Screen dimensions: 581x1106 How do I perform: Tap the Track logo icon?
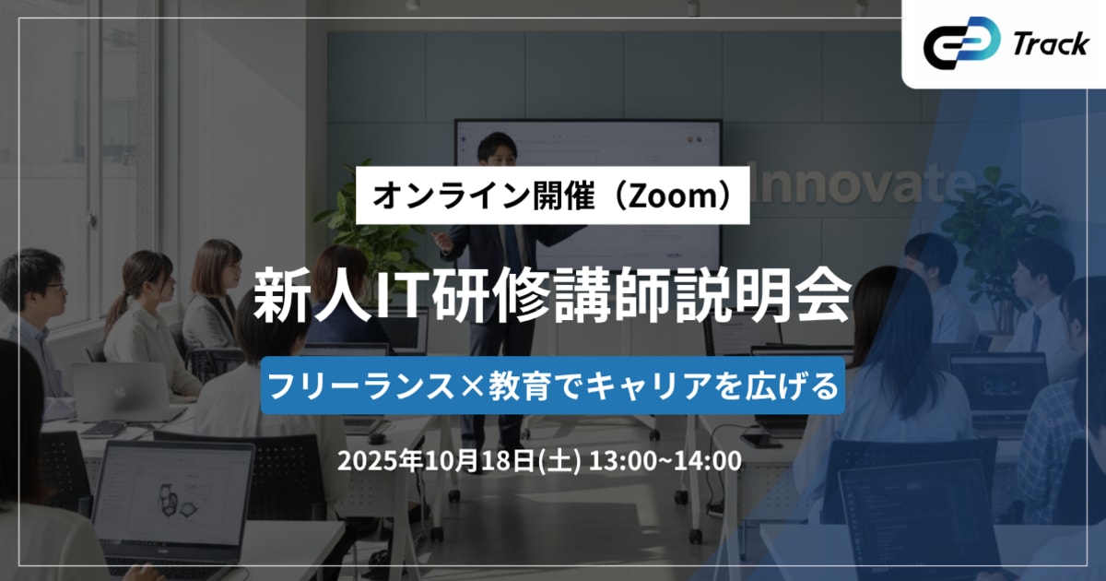coord(960,43)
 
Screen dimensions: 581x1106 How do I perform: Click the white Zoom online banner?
coord(552,196)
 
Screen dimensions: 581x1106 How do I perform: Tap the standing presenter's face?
coord(498,148)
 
